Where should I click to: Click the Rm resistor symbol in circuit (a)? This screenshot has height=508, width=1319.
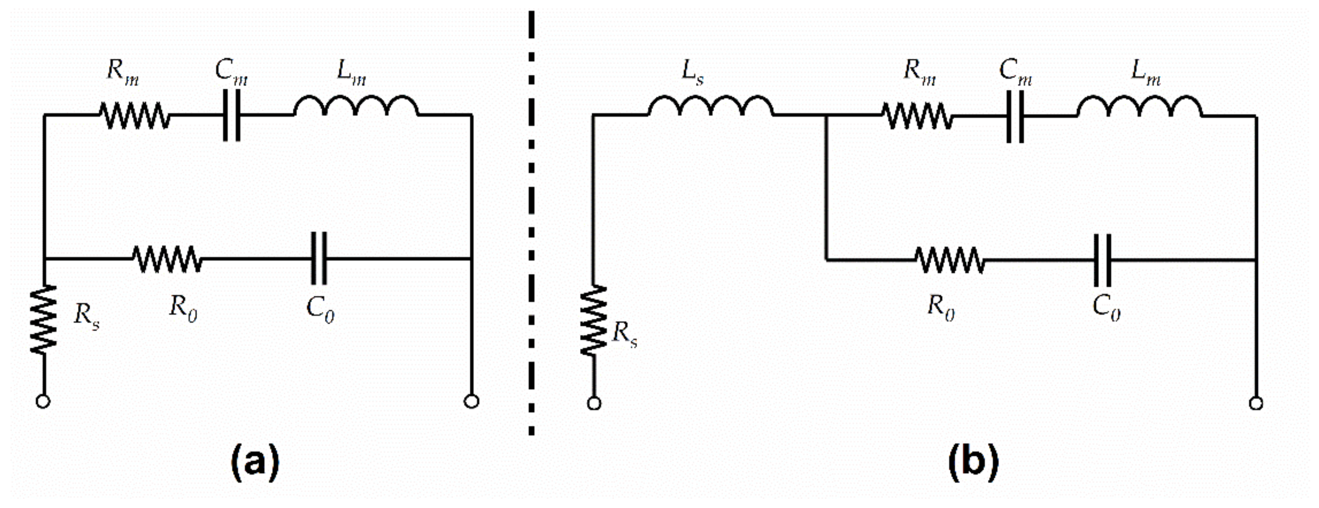134,115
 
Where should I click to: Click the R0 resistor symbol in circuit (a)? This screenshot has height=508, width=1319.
167,259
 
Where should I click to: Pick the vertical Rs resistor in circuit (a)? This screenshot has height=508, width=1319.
43,319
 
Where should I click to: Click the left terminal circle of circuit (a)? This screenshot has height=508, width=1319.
43,401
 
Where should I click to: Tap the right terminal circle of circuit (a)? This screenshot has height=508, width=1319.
471,401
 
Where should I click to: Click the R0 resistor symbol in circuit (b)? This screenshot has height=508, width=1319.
950,260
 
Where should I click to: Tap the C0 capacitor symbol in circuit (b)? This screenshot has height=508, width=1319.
1102,260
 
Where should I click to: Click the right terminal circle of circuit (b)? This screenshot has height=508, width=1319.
1255,403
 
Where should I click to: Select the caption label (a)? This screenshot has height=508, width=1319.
256,462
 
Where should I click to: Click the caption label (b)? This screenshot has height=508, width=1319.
973,462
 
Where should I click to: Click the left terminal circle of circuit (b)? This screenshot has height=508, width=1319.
594,403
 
